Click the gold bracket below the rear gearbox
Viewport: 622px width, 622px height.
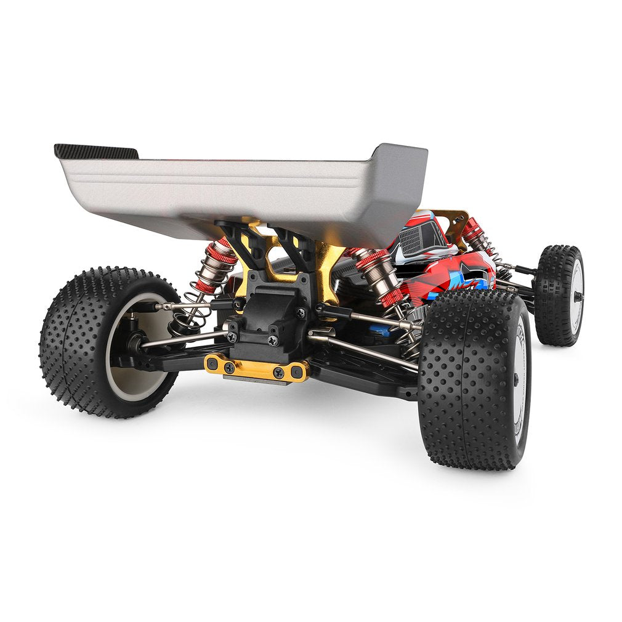(x=257, y=368)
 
